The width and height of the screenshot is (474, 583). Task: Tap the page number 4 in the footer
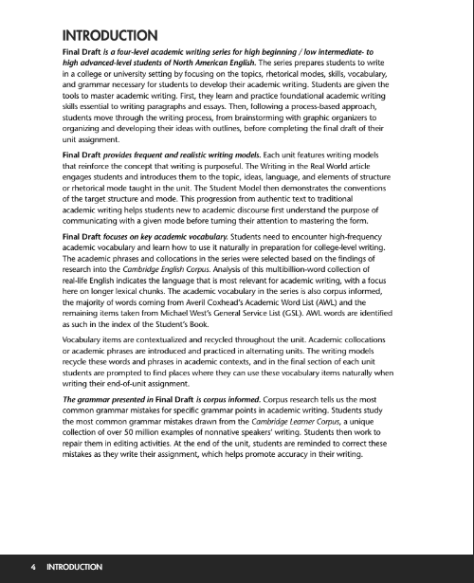pos(32,567)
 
